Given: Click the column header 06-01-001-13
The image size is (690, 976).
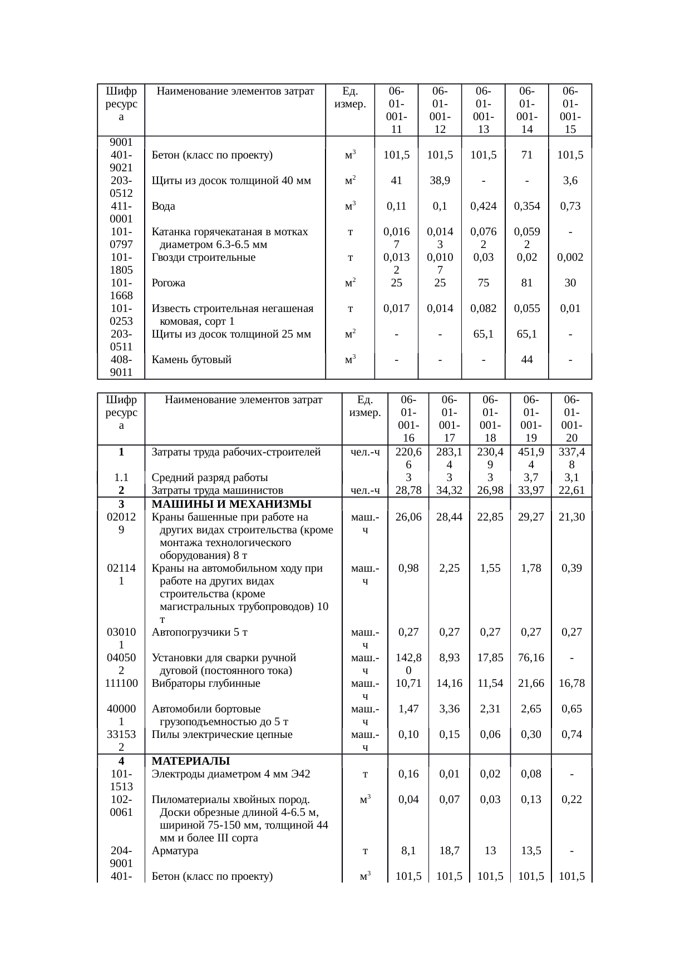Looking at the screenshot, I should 483,110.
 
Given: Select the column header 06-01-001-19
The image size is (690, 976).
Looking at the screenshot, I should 530,418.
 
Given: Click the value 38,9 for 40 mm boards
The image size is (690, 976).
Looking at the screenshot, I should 440,181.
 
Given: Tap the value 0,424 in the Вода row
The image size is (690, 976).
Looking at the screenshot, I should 483,206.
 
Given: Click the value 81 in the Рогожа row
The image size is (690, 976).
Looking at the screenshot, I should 526,283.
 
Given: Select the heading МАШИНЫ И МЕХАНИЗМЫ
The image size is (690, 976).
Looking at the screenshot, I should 231,504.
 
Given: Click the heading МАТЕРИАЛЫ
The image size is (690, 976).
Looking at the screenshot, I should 191,761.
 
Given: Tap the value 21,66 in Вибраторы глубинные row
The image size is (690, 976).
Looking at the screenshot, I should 530,683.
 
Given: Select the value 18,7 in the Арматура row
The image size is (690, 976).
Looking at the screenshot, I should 449,851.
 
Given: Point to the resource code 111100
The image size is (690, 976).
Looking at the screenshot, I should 121,683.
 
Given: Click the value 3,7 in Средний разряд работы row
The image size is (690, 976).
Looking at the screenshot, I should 530,478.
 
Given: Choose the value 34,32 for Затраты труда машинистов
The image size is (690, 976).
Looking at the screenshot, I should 449,491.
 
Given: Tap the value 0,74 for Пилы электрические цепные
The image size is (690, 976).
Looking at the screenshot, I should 571,735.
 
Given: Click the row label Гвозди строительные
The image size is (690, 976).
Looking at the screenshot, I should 204,257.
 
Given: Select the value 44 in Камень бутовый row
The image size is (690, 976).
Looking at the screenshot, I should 526,360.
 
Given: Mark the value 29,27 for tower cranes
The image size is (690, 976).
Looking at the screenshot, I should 530,517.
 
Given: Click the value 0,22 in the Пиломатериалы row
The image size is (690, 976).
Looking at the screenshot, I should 571,800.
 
